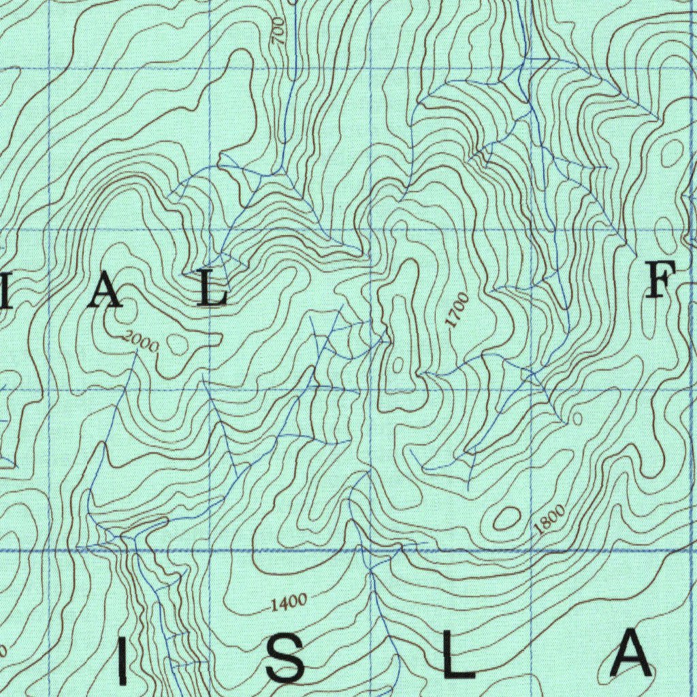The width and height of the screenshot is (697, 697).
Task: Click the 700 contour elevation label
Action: tap(278, 31)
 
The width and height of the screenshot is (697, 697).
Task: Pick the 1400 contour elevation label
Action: tap(289, 602)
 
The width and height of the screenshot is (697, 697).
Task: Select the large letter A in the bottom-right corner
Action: tap(632, 653)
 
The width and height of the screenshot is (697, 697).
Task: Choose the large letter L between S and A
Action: tap(458, 655)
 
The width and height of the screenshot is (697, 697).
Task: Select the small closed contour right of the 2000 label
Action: tap(179, 344)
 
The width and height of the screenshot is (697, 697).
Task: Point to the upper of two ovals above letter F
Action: tap(673, 150)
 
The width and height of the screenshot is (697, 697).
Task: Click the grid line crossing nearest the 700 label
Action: tap(210, 69)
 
